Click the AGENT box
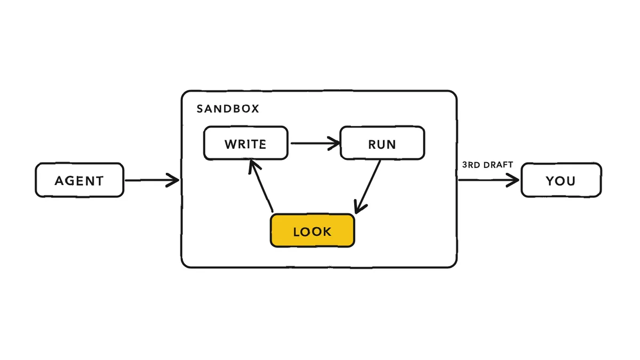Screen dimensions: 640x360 coord(79,180)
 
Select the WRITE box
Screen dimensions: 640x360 coord(246,143)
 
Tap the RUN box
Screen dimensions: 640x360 coord(382,143)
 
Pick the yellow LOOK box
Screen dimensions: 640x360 coord(313,230)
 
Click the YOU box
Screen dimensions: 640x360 coord(562,180)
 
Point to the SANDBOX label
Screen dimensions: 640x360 coord(228,109)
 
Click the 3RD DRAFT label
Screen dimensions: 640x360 coord(487,165)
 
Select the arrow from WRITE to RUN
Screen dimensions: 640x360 coord(315,143)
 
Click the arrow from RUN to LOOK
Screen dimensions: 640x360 coord(367,187)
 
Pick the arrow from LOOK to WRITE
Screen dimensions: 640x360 coord(261,186)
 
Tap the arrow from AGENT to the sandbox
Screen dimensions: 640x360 coord(152,180)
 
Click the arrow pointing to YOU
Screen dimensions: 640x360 coord(489,180)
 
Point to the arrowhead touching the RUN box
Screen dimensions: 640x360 coord(334,143)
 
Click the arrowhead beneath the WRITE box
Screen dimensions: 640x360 coord(254,167)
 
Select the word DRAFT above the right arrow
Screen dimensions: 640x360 coord(498,165)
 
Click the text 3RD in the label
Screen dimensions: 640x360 coord(471,165)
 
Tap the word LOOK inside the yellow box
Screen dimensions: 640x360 coord(313,231)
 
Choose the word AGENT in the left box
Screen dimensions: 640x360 coord(79,181)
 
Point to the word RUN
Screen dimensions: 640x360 coord(382,145)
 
